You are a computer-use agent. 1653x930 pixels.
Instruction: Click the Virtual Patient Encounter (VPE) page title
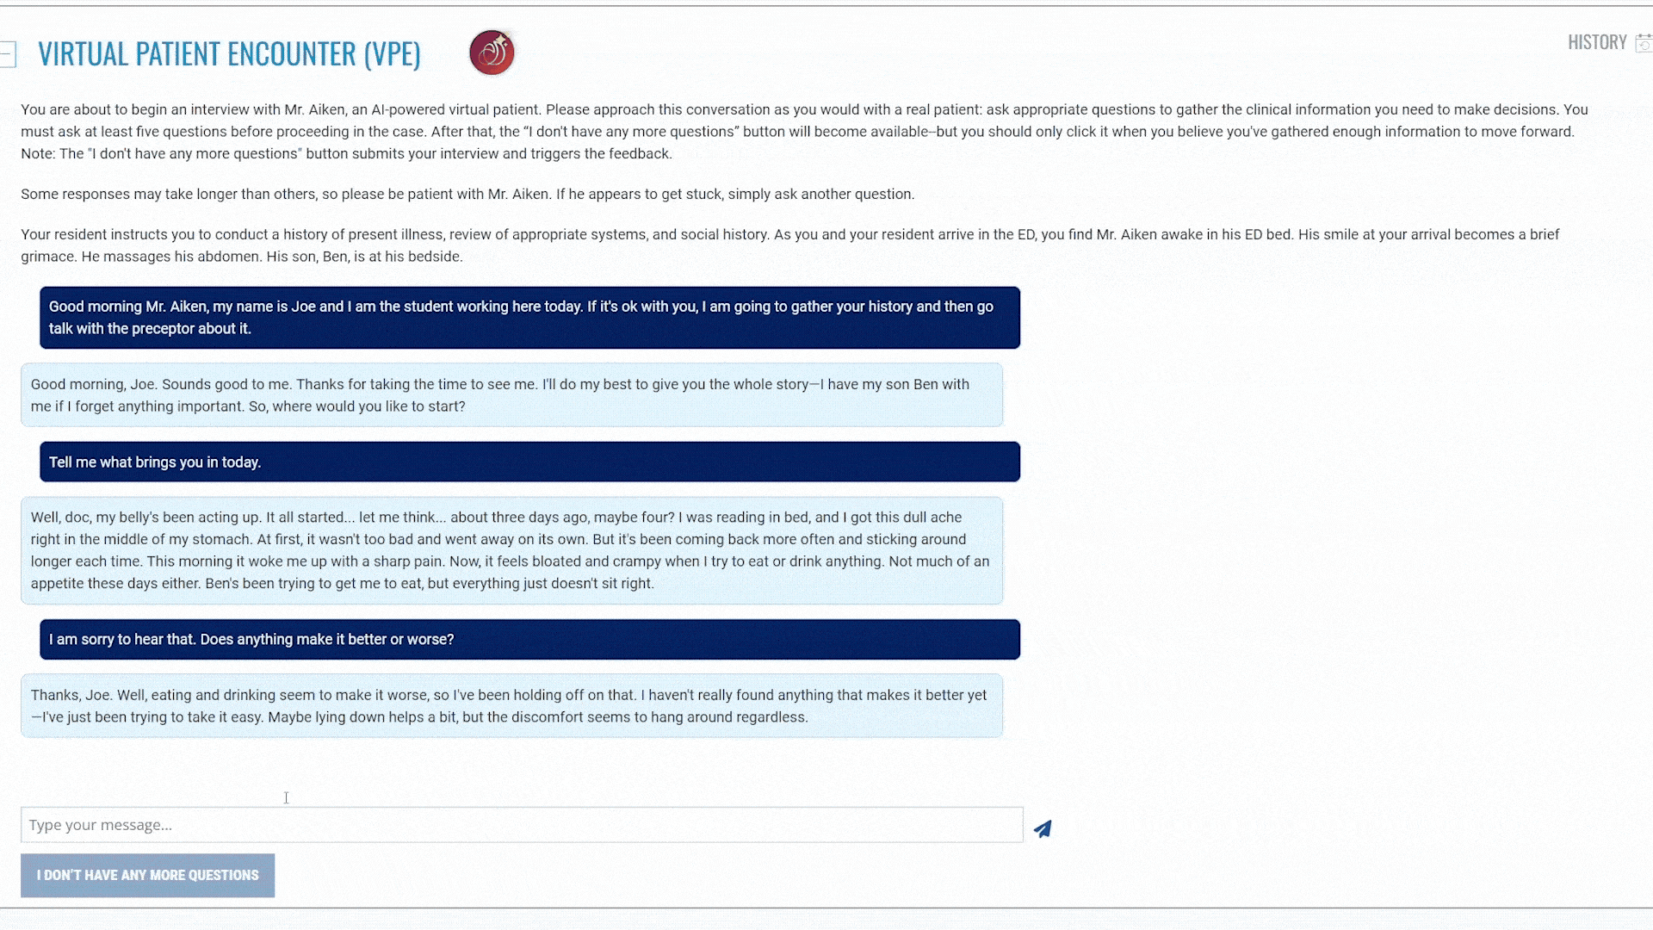click(x=229, y=53)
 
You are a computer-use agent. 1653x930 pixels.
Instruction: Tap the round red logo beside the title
click(x=492, y=53)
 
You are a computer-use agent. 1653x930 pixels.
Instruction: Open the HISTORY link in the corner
click(x=1596, y=42)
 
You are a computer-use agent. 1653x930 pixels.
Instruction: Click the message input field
click(x=521, y=825)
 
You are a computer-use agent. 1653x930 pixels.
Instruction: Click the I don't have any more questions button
click(x=147, y=875)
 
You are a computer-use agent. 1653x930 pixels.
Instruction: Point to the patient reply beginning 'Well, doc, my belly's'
click(x=511, y=550)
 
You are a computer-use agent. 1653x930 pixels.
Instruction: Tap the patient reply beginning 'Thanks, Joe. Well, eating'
click(x=511, y=705)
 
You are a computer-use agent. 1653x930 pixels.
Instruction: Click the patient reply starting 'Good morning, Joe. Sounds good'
click(x=511, y=394)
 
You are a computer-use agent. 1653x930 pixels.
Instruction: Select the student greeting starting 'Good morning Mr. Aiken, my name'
click(x=529, y=317)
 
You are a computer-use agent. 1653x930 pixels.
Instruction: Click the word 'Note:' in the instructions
click(x=38, y=153)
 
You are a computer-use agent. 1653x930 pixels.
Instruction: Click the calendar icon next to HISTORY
click(x=1644, y=43)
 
